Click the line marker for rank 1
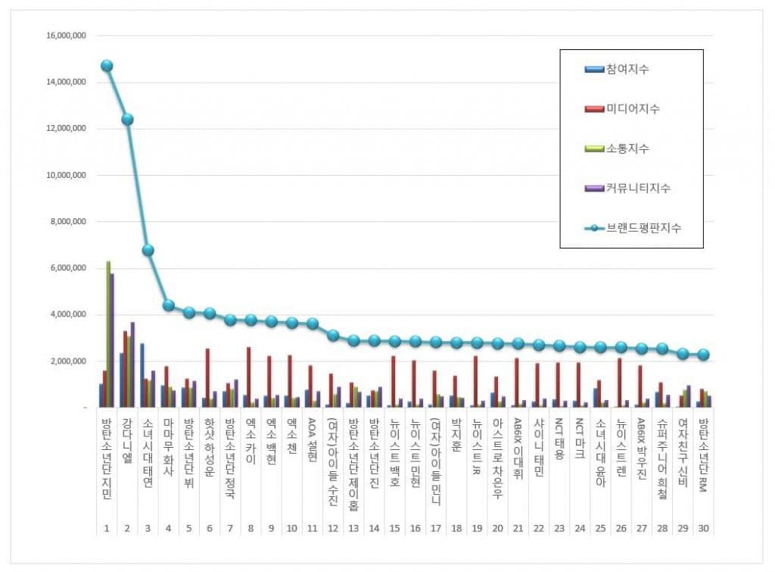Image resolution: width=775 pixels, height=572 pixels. pyautogui.click(x=107, y=66)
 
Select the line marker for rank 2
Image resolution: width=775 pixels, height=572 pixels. pyautogui.click(x=127, y=119)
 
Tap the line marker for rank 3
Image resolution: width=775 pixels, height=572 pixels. pyautogui.click(x=148, y=250)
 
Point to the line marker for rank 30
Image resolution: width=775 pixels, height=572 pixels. pyautogui.click(x=703, y=355)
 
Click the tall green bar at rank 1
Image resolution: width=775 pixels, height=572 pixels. pyautogui.click(x=108, y=333)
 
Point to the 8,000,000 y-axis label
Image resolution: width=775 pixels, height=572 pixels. pyautogui.click(x=67, y=222)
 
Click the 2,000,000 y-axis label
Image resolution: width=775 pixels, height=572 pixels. pyautogui.click(x=67, y=361)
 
